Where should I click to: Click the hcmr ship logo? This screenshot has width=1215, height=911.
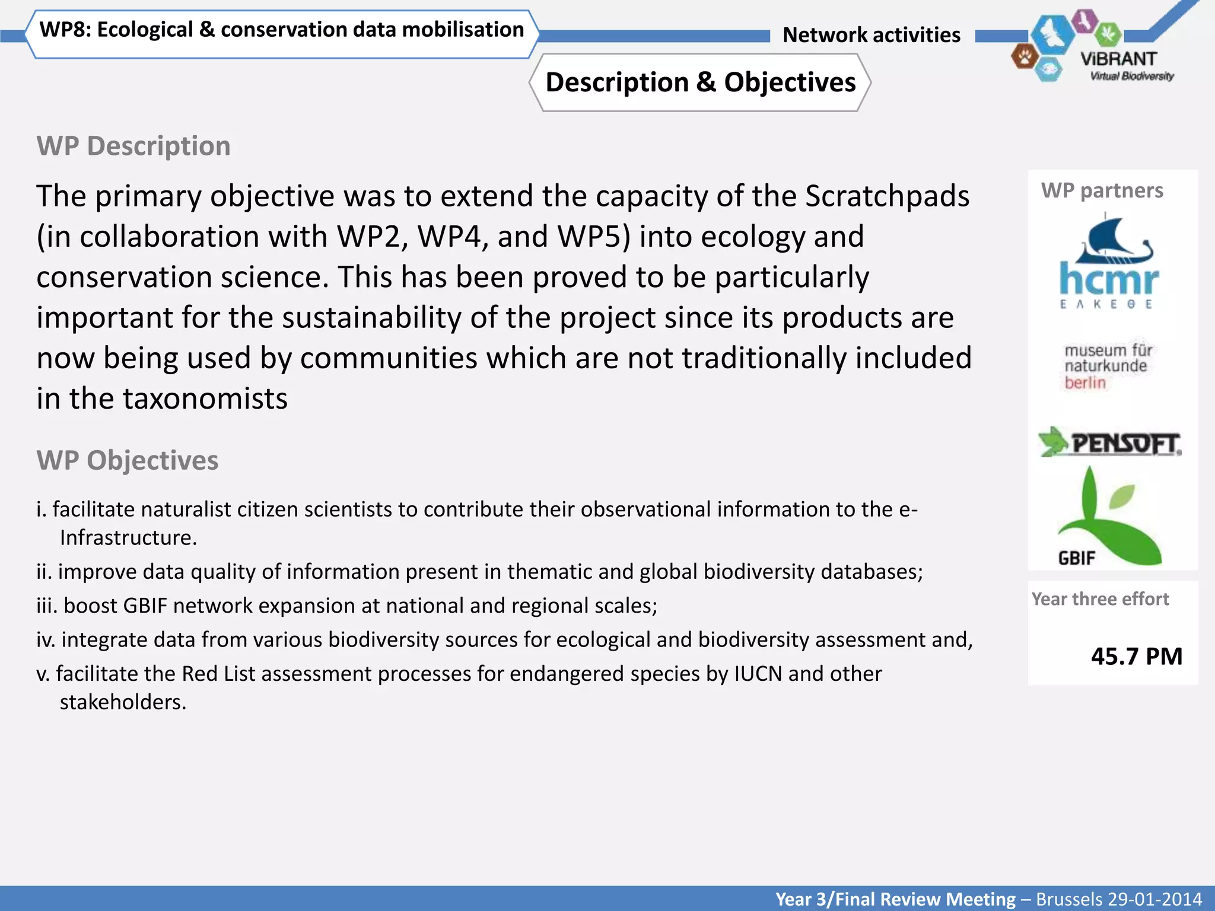click(1108, 262)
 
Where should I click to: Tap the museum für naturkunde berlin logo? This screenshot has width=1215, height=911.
click(1107, 366)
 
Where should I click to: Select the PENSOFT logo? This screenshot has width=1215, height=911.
click(1109, 442)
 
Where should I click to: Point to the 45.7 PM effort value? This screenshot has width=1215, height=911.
click(1136, 656)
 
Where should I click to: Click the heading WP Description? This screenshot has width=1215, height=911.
click(133, 146)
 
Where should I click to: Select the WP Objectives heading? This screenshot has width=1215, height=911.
click(128, 460)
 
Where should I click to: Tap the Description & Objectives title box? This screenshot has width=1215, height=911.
click(700, 82)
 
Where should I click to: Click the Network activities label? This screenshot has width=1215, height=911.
click(871, 35)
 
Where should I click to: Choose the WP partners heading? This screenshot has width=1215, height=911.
click(1102, 190)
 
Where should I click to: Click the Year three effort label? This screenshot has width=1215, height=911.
click(1100, 599)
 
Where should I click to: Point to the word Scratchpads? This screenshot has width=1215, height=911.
click(887, 196)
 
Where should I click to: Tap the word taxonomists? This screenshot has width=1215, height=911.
click(205, 399)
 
